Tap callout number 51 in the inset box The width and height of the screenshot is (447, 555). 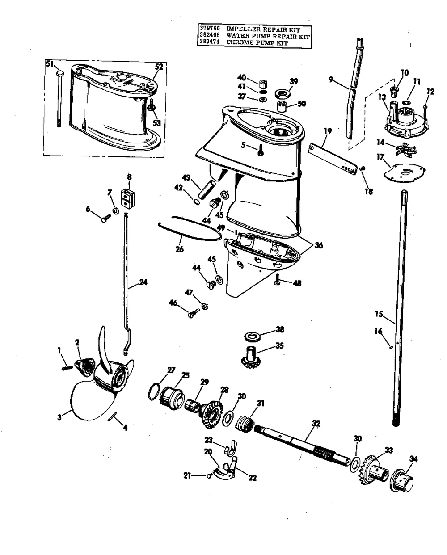click(49, 64)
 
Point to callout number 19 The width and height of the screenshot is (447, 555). click(328, 131)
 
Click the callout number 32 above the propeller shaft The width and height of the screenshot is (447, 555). click(316, 423)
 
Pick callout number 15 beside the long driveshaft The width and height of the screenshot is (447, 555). click(379, 314)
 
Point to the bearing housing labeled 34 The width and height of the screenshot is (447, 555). click(401, 481)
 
